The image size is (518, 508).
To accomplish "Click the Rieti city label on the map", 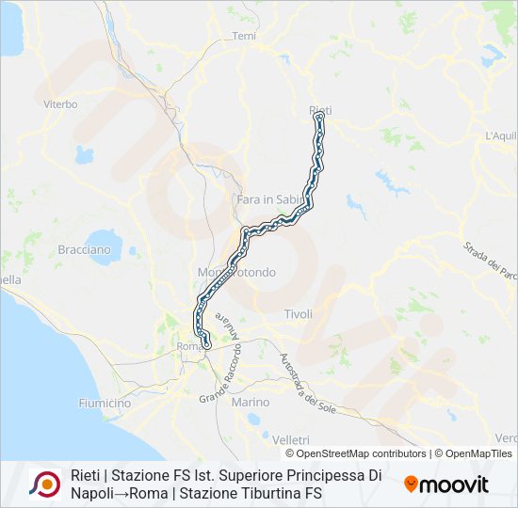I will pos(320,111).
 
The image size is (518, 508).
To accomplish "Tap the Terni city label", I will pos(244,36).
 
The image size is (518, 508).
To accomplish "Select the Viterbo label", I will pos(60,104).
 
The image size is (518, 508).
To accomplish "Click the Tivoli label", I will pos(298,314).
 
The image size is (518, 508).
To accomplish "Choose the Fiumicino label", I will pos(105,403).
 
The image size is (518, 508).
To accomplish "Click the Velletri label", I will pos(290,439).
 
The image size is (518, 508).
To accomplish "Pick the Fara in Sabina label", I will pos(264,199).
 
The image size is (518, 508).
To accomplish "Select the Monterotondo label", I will pos(236,273).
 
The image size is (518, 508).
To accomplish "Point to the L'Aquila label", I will pos(501,136).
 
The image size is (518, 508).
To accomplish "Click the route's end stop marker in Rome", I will pos(206,345).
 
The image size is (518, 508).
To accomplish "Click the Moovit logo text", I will pos(455,484).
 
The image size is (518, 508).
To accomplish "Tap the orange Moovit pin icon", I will pos(411,484).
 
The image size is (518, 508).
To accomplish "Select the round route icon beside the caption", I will pos(45,484).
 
